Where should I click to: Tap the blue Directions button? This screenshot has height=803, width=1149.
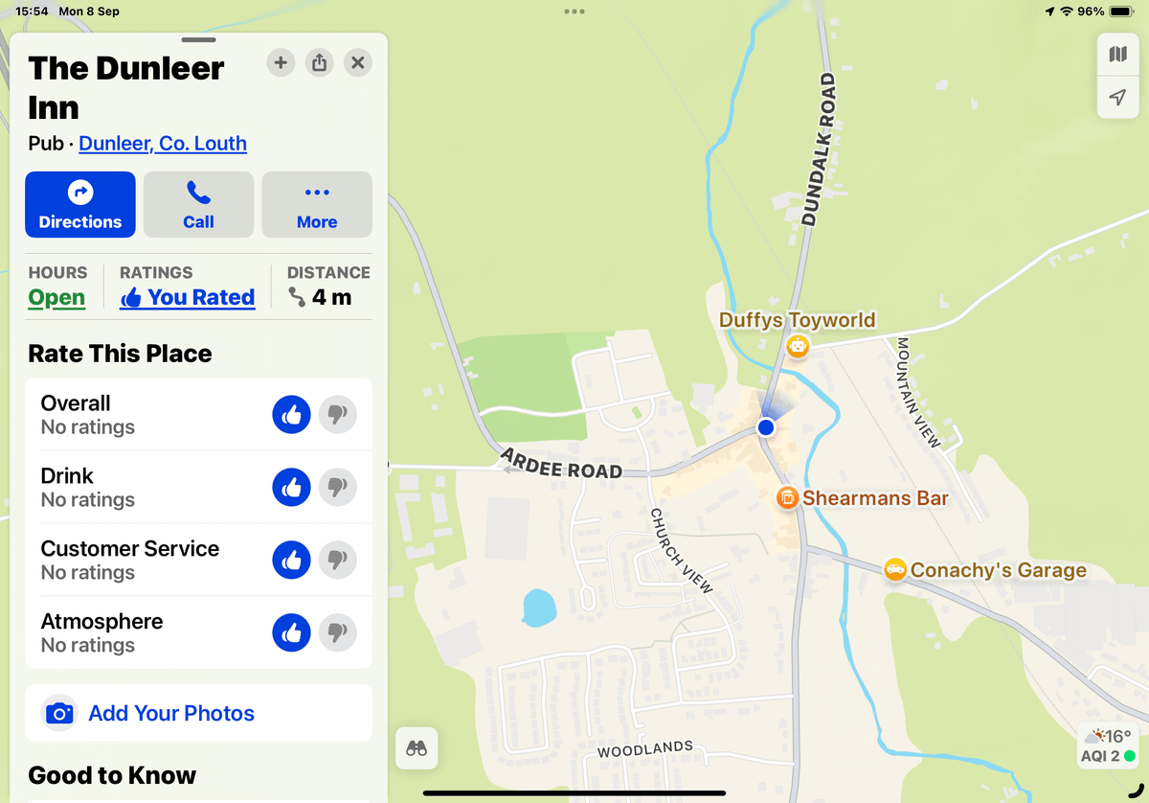[x=80, y=204]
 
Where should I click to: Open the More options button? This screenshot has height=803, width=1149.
[x=317, y=204]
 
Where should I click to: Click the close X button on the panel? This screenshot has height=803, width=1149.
[x=357, y=63]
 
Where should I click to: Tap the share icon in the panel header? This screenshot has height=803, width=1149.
[x=319, y=63]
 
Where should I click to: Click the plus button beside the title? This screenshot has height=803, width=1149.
[x=281, y=63]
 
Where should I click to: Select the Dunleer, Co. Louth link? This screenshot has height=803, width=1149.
[x=163, y=144]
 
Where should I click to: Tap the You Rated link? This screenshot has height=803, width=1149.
[x=188, y=298]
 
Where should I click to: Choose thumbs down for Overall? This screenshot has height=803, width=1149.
[x=337, y=415]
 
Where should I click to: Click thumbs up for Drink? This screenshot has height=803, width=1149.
[x=292, y=488]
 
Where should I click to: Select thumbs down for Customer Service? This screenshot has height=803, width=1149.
[x=337, y=561]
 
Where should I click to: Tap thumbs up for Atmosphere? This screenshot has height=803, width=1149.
[x=292, y=633]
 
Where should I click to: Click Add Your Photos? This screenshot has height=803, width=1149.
[x=170, y=714]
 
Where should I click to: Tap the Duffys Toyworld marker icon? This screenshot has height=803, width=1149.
[x=798, y=346]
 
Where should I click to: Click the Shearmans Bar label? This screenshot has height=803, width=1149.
[x=875, y=498]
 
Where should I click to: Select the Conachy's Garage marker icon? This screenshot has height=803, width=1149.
[x=895, y=570]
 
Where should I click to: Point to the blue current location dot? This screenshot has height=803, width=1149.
[x=766, y=427]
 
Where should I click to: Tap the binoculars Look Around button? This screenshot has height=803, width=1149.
[x=417, y=748]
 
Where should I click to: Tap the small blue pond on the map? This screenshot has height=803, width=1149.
[x=539, y=607]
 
